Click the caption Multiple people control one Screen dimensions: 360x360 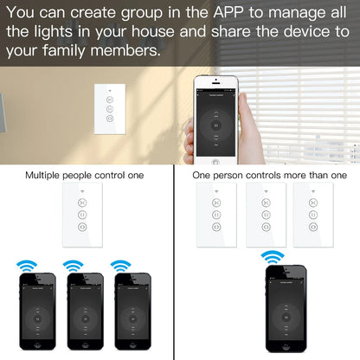point(85,176)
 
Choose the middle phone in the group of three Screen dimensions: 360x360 point(85,312)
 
